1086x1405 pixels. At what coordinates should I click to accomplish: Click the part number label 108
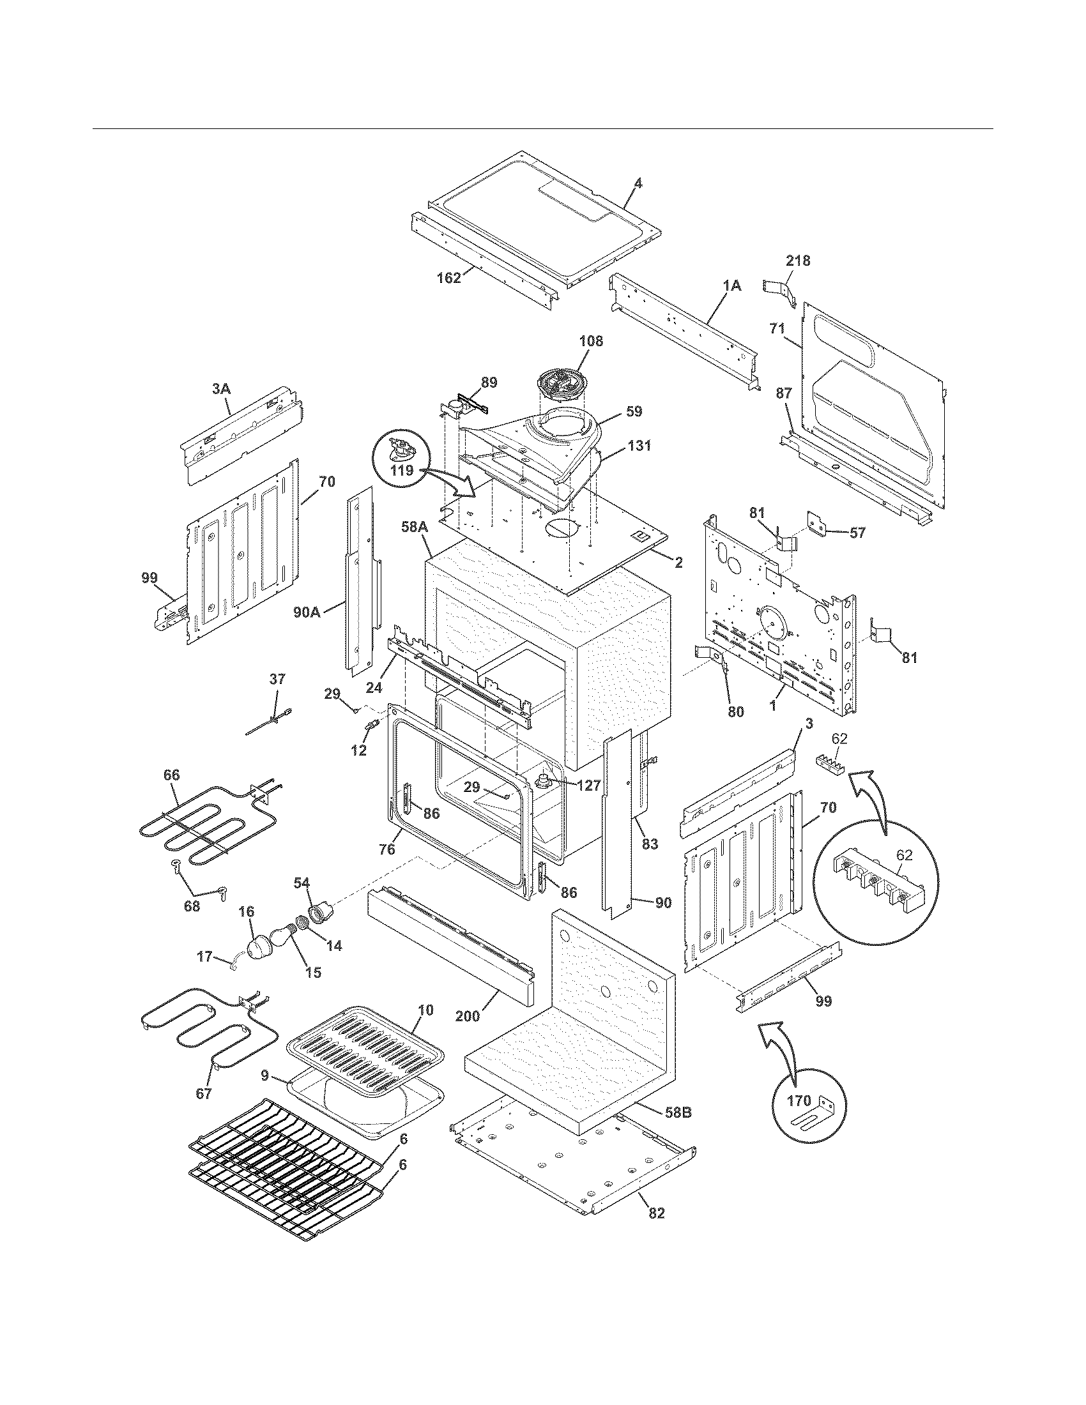[591, 341]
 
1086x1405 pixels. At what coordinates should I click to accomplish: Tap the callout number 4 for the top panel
[638, 183]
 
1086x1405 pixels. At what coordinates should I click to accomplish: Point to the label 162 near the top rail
[448, 278]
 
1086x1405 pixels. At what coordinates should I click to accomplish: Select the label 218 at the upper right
[798, 261]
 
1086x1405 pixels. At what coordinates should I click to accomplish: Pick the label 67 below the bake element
[203, 1093]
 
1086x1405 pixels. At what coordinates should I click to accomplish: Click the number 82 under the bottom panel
[656, 1213]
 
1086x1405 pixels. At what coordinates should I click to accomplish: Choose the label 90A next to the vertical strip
[307, 612]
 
